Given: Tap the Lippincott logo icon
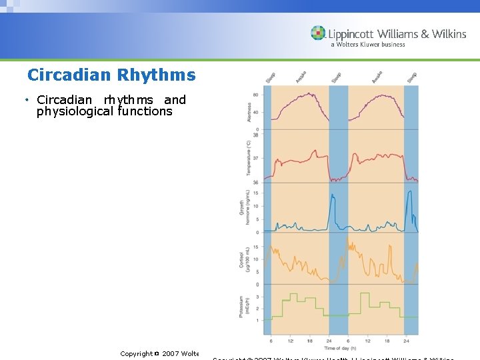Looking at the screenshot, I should point(318,33).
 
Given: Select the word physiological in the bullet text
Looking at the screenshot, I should point(75,112).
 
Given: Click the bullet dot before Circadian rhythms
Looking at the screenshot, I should point(27,100).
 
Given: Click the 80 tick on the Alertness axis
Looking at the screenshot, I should point(257,95).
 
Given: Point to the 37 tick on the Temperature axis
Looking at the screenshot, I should point(257,159).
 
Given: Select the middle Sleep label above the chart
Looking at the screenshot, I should point(336,77).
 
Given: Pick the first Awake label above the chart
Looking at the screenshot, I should point(301,77).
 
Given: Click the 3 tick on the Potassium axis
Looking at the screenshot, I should point(258,297).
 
